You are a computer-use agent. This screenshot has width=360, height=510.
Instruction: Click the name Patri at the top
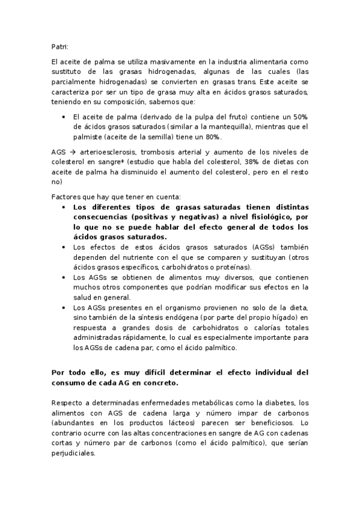pyautogui.click(x=60, y=46)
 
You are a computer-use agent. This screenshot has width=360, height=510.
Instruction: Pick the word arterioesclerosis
pyautogui.click(x=106, y=153)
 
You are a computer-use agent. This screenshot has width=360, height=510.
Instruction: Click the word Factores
pyautogui.click(x=67, y=197)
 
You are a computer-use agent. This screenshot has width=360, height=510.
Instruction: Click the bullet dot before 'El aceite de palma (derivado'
pyautogui.click(x=64, y=117)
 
